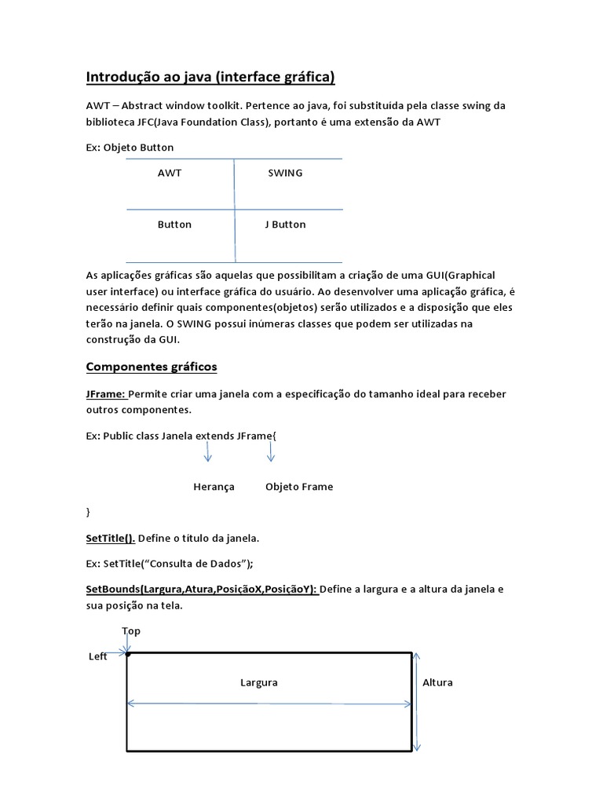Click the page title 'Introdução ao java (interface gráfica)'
(x=210, y=77)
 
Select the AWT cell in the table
(x=170, y=173)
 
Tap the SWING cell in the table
(x=285, y=173)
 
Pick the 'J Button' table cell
(x=285, y=225)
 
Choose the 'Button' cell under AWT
(x=174, y=225)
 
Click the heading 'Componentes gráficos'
(x=152, y=367)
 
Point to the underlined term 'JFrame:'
(x=105, y=394)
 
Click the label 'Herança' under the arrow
(x=214, y=487)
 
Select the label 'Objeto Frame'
(x=299, y=487)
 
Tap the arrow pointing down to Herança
(x=208, y=452)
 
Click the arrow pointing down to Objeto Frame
(x=271, y=452)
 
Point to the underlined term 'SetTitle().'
(x=110, y=539)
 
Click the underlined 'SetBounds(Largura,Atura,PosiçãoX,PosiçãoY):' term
(x=202, y=589)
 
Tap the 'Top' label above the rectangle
(x=131, y=630)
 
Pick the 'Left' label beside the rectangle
(x=98, y=656)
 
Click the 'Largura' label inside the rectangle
(x=259, y=682)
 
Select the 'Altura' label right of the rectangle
(x=437, y=682)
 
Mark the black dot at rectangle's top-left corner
(x=127, y=653)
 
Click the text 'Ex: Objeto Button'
(x=130, y=147)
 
